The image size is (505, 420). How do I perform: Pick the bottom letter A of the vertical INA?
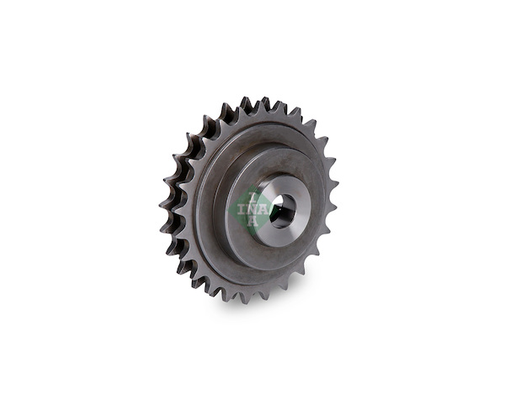click(253, 221)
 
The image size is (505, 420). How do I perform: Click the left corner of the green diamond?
click(228, 211)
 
